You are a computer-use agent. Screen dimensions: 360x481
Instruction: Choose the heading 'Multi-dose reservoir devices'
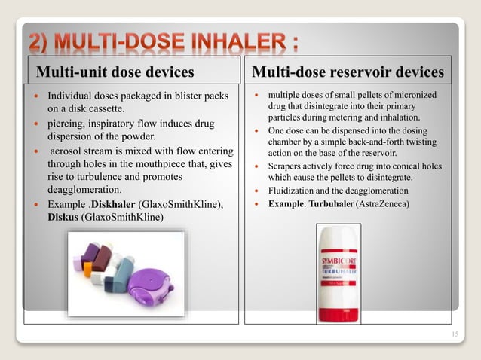[x=348, y=72]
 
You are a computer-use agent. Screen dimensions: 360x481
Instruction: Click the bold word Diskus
[x=63, y=218]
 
